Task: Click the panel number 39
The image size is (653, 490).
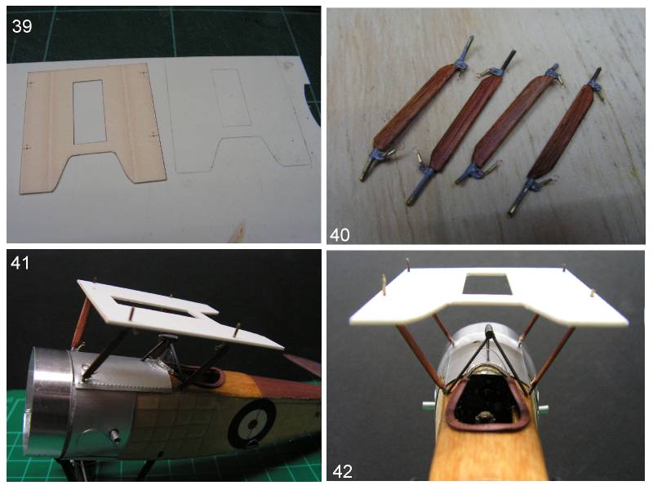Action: (x=22, y=26)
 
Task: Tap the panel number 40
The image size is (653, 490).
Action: (x=340, y=235)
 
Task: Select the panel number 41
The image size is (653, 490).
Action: (x=20, y=263)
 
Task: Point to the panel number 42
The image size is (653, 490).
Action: (x=342, y=472)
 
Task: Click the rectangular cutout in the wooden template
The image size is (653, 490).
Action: (x=90, y=112)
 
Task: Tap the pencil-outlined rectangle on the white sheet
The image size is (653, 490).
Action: (x=230, y=98)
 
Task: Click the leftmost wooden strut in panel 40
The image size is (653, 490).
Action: (x=416, y=109)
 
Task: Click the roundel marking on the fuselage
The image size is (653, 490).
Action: (x=251, y=423)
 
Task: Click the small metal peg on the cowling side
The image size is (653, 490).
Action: (x=114, y=435)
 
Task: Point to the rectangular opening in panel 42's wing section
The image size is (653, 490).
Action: (x=486, y=283)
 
